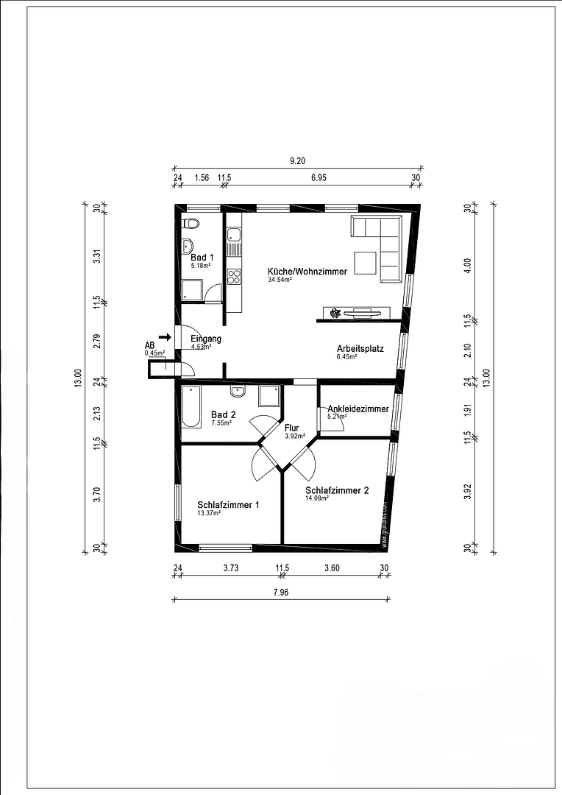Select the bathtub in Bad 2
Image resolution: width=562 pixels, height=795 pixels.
point(191,406)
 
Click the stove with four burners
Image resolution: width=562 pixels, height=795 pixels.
point(235,277)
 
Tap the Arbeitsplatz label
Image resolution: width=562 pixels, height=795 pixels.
point(360,348)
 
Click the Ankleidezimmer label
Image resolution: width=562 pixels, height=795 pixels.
point(358,409)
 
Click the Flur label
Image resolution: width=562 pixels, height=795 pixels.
point(292,427)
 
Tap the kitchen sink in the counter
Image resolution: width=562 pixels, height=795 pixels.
point(234,236)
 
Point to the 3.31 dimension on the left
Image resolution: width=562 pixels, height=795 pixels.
point(96,256)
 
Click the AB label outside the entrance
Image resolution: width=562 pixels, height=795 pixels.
point(149,344)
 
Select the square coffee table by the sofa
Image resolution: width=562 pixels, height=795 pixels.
point(365,262)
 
